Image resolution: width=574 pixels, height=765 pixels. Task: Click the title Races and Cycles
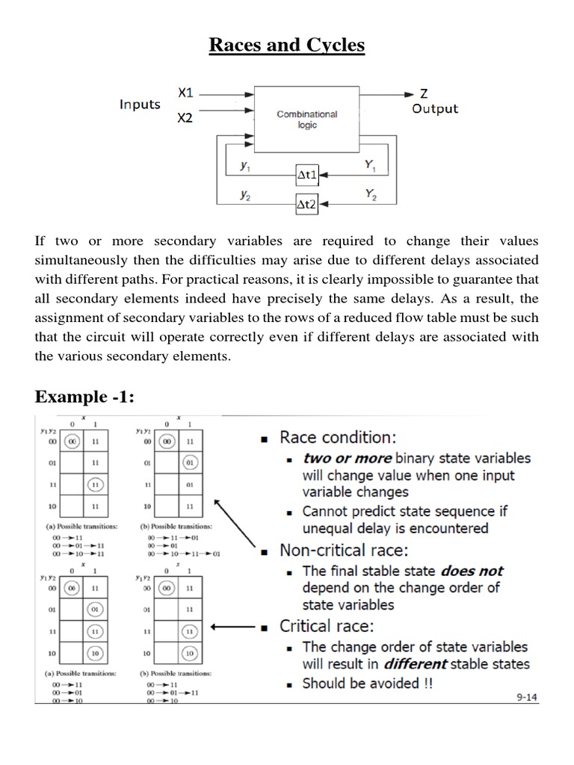pos(287,46)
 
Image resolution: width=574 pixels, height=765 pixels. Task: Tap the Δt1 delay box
pos(307,175)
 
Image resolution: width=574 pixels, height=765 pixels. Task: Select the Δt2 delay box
pos(307,202)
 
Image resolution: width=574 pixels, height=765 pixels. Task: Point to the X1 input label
pos(185,93)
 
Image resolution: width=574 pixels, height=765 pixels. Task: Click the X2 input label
pos(185,118)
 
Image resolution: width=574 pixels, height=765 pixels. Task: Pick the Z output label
pos(424,94)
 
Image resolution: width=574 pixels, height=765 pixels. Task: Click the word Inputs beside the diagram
pos(140,105)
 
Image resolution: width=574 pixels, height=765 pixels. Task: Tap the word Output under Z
pos(435,109)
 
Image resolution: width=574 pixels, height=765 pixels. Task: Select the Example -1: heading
pos(84,397)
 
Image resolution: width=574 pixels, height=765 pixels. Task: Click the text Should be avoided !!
pos(367,683)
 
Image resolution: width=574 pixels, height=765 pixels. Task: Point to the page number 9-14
pos(529,698)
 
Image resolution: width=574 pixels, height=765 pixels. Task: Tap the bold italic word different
pos(416,664)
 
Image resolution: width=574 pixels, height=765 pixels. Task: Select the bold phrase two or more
pos(347,458)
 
